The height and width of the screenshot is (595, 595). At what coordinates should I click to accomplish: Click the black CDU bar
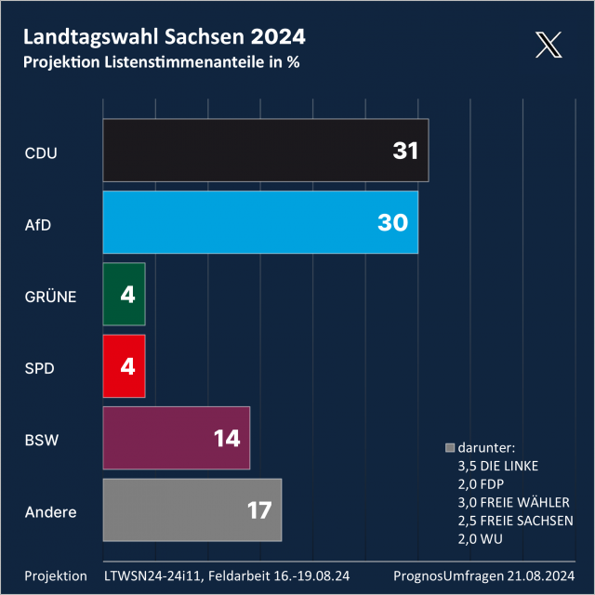(x=265, y=151)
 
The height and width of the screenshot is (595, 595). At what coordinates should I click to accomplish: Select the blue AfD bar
(x=260, y=222)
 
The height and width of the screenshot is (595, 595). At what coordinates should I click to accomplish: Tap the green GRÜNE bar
(x=124, y=295)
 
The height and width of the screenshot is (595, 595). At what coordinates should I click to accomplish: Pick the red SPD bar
(x=124, y=366)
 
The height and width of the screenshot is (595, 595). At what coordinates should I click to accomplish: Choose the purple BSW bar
(x=176, y=438)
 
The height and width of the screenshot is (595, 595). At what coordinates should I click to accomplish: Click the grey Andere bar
(x=192, y=510)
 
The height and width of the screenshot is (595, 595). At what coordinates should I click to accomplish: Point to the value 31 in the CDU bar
(x=405, y=151)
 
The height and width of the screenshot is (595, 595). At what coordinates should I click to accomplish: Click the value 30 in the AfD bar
(x=393, y=222)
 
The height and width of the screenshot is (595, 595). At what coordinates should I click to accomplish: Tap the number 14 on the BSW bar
(x=227, y=438)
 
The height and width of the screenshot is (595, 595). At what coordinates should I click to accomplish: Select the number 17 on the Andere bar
(x=258, y=510)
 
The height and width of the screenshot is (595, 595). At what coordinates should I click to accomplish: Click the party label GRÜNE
(x=50, y=297)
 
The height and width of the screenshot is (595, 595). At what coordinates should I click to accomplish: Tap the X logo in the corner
(x=549, y=45)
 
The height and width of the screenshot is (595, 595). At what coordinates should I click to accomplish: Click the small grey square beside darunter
(x=450, y=447)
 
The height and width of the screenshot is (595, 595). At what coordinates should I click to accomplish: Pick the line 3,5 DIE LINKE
(x=498, y=466)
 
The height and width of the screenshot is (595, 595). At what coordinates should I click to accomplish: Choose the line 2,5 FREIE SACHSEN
(x=515, y=520)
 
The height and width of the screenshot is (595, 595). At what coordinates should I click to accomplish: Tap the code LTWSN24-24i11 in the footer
(x=152, y=575)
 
